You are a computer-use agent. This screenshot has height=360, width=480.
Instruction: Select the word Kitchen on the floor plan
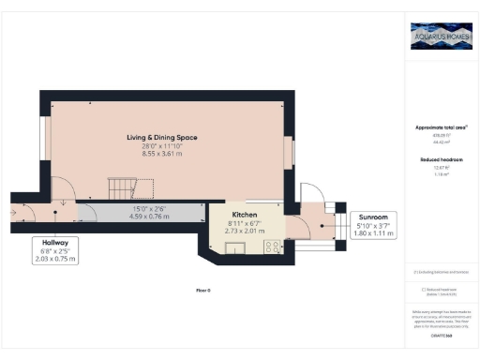pyautogui.click(x=232, y=213)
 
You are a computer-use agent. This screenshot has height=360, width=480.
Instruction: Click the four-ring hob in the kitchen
pyautogui.click(x=273, y=247)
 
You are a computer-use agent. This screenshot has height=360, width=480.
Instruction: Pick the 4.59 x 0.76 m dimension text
pyautogui.click(x=148, y=217)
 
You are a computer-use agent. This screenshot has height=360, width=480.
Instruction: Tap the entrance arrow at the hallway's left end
pyautogui.click(x=14, y=222)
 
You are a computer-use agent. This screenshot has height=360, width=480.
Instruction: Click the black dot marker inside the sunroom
pyautogui.click(x=322, y=224)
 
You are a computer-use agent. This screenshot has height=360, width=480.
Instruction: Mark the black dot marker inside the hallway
pyautogui.click(x=57, y=222)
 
